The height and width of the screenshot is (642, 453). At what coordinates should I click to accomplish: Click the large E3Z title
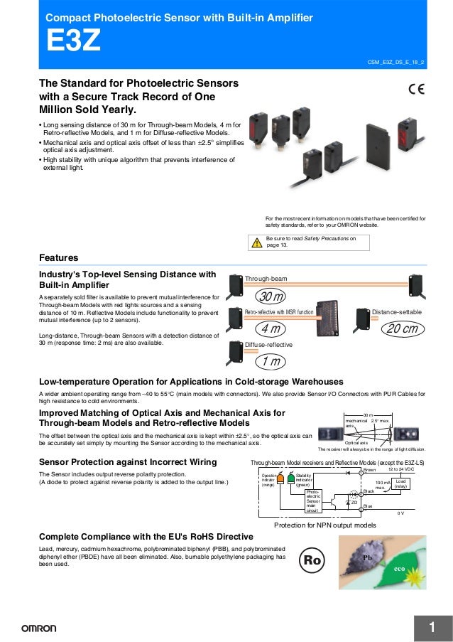pyautogui.click(x=73, y=41)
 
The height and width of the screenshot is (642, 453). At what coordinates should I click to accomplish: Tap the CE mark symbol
pyautogui.click(x=416, y=89)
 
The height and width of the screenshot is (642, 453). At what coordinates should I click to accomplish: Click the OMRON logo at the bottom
pyautogui.click(x=33, y=628)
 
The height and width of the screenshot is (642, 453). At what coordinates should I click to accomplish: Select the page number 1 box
pyautogui.click(x=430, y=626)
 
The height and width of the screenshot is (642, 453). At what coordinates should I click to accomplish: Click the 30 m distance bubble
pyautogui.click(x=271, y=296)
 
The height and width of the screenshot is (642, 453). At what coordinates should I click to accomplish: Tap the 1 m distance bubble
pyautogui.click(x=270, y=362)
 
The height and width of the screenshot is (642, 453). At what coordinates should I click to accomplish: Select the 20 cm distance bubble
pyautogui.click(x=401, y=328)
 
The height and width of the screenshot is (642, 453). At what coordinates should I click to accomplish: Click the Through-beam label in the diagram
pyautogui.click(x=266, y=278)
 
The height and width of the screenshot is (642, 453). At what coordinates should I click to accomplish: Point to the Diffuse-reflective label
pyautogui.click(x=268, y=345)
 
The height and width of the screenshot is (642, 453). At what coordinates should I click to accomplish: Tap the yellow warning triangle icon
pyautogui.click(x=257, y=242)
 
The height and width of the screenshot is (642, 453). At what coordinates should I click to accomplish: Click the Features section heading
pyautogui.click(x=58, y=257)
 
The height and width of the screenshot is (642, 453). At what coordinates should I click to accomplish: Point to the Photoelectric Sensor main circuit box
pyautogui.click(x=313, y=501)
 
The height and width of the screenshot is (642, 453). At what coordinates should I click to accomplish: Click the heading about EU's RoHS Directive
pyautogui.click(x=146, y=535)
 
